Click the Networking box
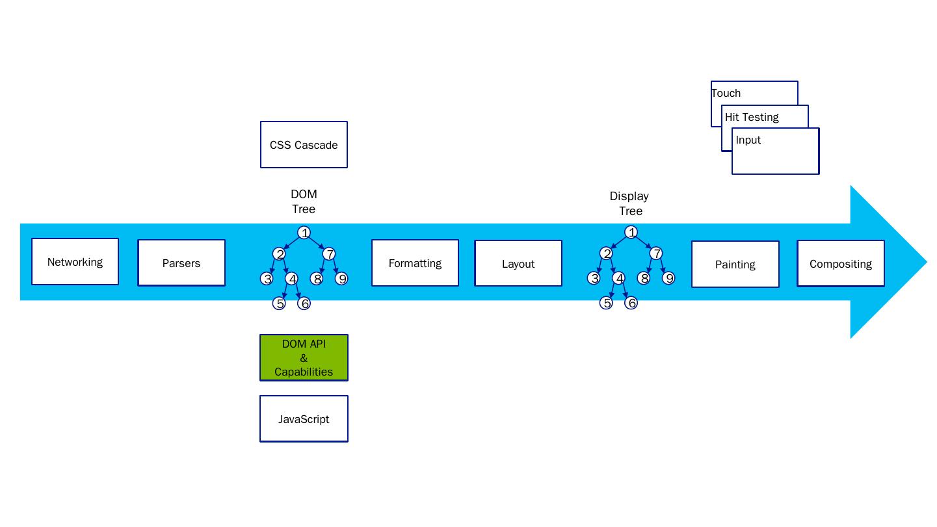pyautogui.click(x=75, y=262)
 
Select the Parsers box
pyautogui.click(x=181, y=263)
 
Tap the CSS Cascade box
pyautogui.click(x=304, y=145)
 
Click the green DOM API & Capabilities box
pyautogui.click(x=304, y=358)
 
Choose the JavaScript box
pyautogui.click(x=304, y=419)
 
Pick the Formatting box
pyautogui.click(x=415, y=263)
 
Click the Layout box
pyautogui.click(x=518, y=264)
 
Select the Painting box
pyautogui.click(x=735, y=264)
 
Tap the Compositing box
pyautogui.click(x=841, y=264)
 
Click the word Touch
pyautogui.click(x=726, y=93)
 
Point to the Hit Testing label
pyautogui.click(x=752, y=117)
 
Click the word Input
pyautogui.click(x=748, y=140)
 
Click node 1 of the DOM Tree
pyautogui.click(x=304, y=233)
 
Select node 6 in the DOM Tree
pyautogui.click(x=304, y=303)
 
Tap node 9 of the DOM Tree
pyautogui.click(x=341, y=278)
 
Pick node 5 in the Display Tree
pyautogui.click(x=606, y=303)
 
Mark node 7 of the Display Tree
pyautogui.click(x=656, y=253)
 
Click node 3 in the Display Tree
pyautogui.click(x=594, y=278)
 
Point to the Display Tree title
pyautogui.click(x=629, y=203)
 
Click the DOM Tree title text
pyautogui.click(x=304, y=201)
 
